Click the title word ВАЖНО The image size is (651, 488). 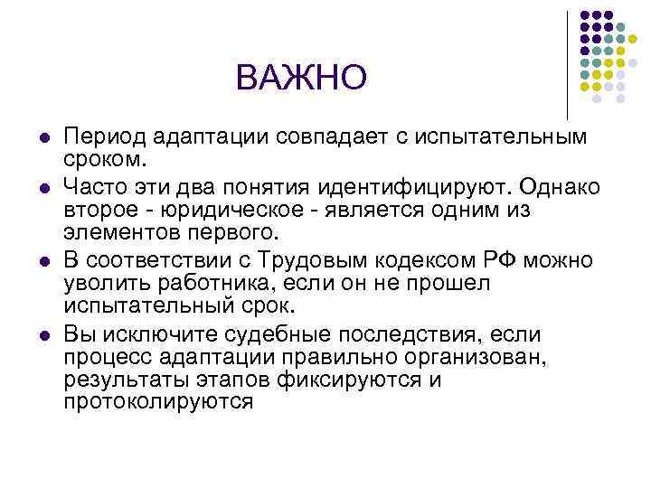pos(301,78)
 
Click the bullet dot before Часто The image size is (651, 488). pos(42,188)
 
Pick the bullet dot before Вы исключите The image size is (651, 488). pos(42,334)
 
